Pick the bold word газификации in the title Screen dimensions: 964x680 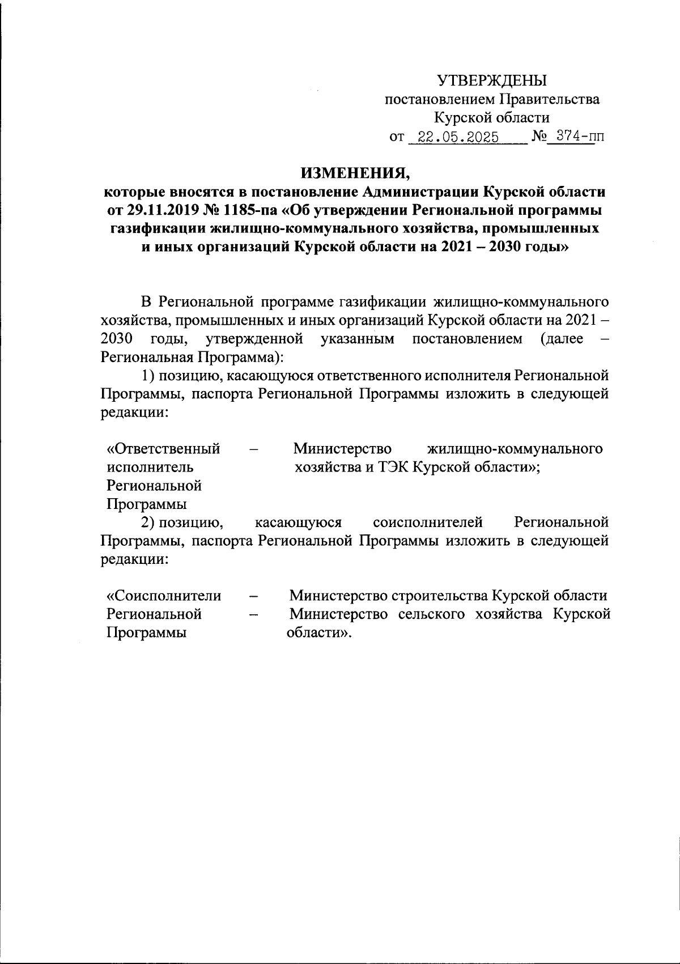coord(157,229)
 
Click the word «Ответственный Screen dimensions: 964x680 coord(164,449)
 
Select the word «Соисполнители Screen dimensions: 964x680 coord(164,596)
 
